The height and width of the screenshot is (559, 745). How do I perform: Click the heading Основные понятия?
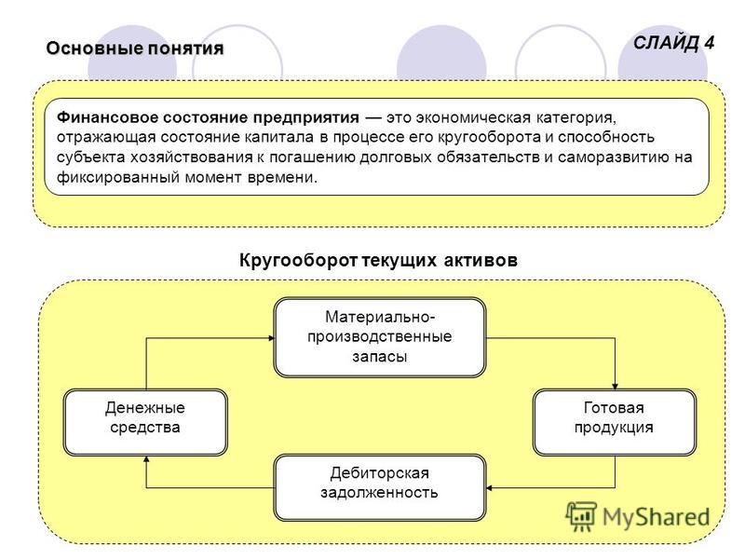pyautogui.click(x=134, y=48)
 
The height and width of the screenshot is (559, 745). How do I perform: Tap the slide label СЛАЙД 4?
pyautogui.click(x=673, y=43)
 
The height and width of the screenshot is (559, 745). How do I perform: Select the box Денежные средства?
pyautogui.click(x=145, y=422)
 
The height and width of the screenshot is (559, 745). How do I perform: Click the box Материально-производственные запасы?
pyautogui.click(x=380, y=337)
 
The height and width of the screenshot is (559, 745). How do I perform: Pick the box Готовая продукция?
pyautogui.click(x=615, y=422)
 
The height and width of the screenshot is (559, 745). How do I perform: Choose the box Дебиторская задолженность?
pyautogui.click(x=380, y=487)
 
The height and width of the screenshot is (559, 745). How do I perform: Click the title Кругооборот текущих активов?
pyautogui.click(x=378, y=260)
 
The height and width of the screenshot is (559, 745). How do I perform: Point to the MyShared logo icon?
pyautogui.click(x=581, y=516)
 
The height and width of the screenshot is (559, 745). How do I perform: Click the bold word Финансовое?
pyautogui.click(x=107, y=117)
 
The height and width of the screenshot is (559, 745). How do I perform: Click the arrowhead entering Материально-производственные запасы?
pyautogui.click(x=272, y=338)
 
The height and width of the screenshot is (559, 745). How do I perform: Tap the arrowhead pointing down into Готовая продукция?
pyautogui.click(x=615, y=386)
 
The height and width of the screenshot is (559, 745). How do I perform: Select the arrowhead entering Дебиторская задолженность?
pyautogui.click(x=490, y=487)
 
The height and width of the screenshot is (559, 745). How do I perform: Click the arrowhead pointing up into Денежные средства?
pyautogui.click(x=146, y=459)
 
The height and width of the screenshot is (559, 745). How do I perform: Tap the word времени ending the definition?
pyautogui.click(x=282, y=178)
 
